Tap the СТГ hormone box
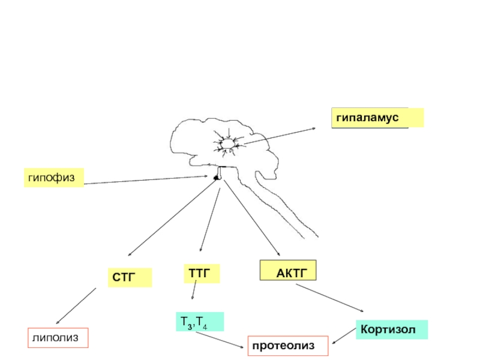pos(130,277)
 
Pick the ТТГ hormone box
pos(200,274)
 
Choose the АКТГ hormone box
pos(287,271)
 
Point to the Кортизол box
pos(392,330)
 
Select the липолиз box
pos(58,338)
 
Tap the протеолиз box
pos(289,346)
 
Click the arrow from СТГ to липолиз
pos(76,307)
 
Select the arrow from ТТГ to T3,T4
pos(194,292)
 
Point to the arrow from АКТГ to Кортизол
pos(330,298)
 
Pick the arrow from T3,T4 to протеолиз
pos(221,340)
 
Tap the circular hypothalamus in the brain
pos(228,145)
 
